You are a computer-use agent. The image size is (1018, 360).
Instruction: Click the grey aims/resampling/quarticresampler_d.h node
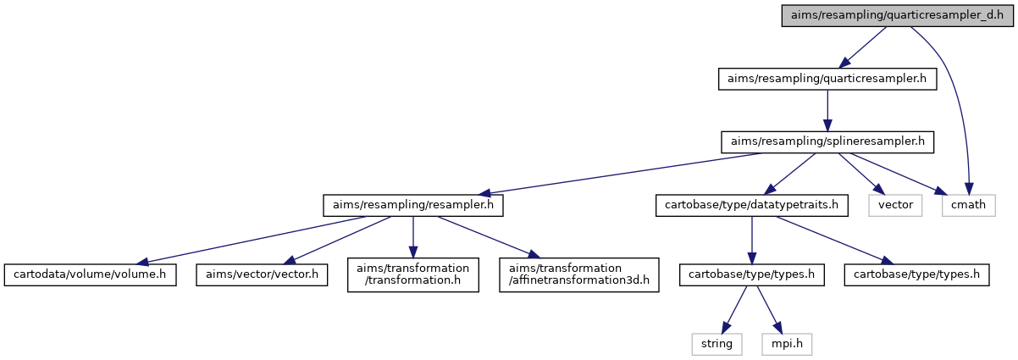(897, 15)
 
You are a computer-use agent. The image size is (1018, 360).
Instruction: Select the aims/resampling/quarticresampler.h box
(827, 79)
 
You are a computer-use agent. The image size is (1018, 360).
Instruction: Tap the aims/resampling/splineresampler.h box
(827, 141)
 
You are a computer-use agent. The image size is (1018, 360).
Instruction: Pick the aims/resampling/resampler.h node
(413, 206)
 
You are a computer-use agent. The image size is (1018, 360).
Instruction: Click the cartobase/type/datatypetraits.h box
(752, 206)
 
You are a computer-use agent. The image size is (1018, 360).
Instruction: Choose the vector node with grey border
(895, 206)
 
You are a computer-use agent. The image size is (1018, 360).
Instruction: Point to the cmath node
(969, 206)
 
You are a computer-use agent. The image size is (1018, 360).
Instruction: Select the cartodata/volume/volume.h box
(90, 275)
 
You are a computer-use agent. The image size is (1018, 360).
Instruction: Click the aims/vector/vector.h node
(262, 275)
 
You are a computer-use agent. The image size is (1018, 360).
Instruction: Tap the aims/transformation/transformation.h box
(413, 275)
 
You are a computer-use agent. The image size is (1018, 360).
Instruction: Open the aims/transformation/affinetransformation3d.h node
(579, 275)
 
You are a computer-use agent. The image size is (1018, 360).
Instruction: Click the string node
(716, 345)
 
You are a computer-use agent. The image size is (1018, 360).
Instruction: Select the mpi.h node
(787, 345)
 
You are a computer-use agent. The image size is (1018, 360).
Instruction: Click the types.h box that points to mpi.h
(752, 275)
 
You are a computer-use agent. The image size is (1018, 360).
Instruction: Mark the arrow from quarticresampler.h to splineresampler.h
(827, 110)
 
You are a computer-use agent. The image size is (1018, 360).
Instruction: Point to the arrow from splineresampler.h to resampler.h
(621, 174)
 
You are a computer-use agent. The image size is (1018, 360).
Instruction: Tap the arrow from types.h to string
(734, 310)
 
